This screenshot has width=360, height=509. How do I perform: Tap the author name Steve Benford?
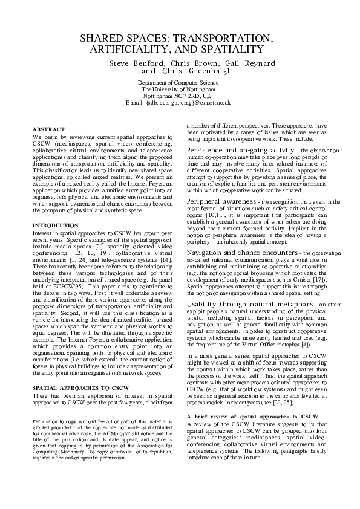coord(137,63)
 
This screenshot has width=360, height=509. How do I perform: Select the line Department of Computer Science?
coord(178,82)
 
